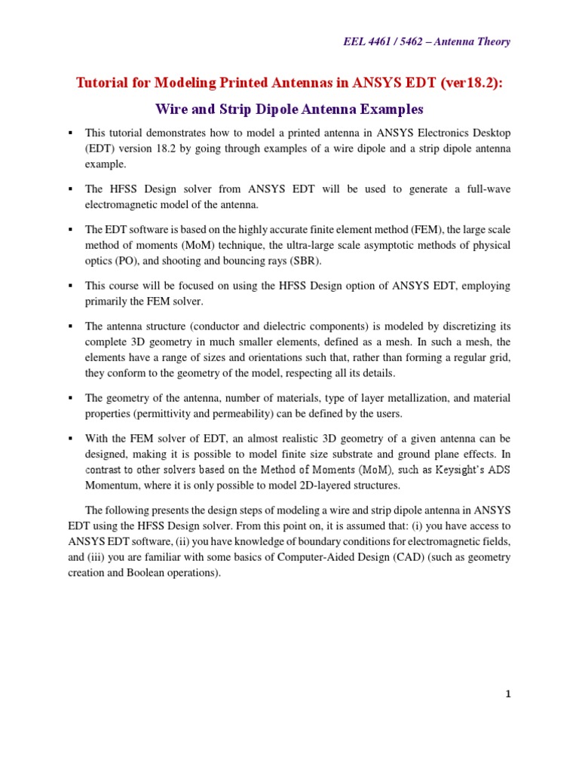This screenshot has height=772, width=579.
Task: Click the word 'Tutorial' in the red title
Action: tap(104, 82)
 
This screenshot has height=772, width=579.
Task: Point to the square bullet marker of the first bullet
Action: tap(70, 132)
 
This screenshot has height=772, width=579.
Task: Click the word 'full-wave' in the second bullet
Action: tap(486, 188)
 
